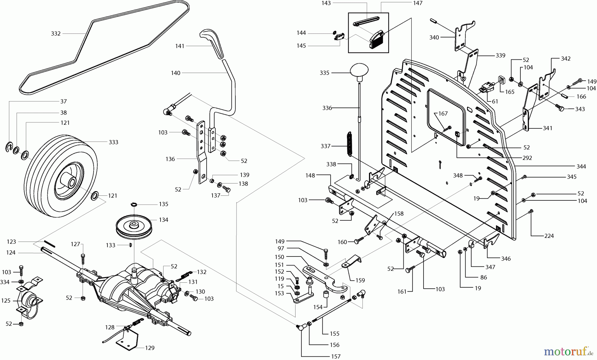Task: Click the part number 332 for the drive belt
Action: click(x=56, y=34)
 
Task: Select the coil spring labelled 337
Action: click(x=349, y=143)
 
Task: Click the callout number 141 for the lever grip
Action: click(x=180, y=46)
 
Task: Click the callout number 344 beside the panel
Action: click(x=581, y=166)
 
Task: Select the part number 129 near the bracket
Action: click(x=150, y=348)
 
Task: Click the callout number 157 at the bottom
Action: click(x=336, y=356)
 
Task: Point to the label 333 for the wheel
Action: click(x=113, y=142)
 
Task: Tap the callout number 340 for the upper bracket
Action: click(x=434, y=37)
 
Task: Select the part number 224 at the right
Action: click(x=549, y=236)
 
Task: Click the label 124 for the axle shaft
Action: click(x=11, y=253)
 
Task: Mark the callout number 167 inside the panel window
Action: click(x=443, y=113)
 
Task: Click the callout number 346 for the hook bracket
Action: click(x=506, y=258)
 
